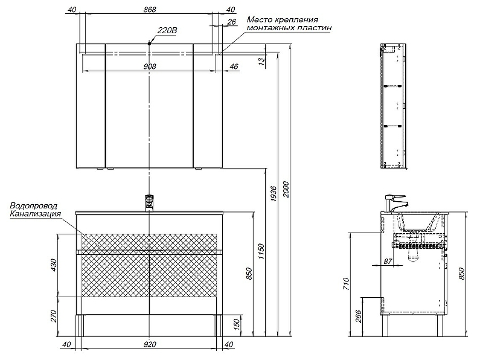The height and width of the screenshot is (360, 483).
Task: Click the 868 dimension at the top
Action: tap(150, 10)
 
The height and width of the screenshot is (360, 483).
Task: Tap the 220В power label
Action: tap(167, 31)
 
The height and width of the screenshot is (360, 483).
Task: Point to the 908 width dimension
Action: tap(150, 66)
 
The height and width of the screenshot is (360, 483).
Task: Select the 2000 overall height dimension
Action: tap(286, 190)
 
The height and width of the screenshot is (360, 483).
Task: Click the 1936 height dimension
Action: tap(273, 193)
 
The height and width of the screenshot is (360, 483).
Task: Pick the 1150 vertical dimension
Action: tap(261, 251)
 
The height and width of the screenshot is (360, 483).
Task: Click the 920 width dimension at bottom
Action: tap(150, 344)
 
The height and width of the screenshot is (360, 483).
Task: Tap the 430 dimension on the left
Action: tap(53, 265)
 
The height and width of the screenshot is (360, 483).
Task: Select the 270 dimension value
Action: tap(53, 317)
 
